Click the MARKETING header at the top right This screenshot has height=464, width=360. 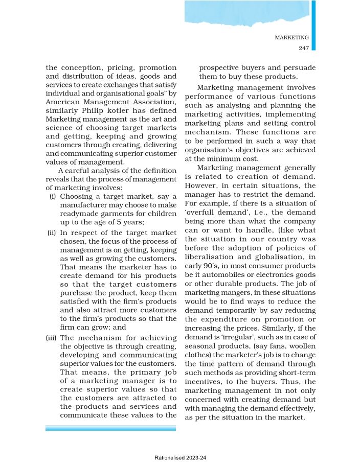coord(291,38)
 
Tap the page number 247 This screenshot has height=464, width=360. coord(302,48)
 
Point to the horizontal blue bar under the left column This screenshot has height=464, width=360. coord(110,428)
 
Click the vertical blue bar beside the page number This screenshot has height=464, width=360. coord(313,26)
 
